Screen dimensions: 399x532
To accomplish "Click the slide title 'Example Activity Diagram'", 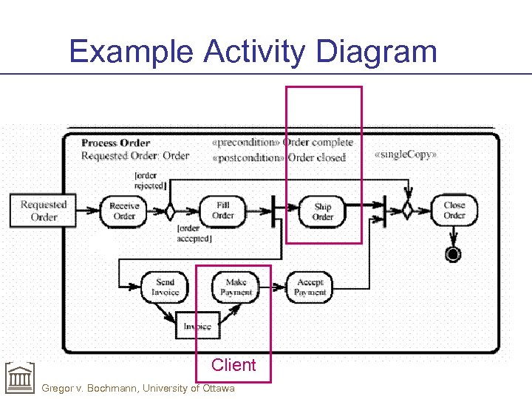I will pos(253,52).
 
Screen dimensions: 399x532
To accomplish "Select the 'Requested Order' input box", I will pos(43,211).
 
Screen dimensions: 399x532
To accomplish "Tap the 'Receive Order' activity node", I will pos(124,211).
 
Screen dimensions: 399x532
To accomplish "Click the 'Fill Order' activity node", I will pos(222,211).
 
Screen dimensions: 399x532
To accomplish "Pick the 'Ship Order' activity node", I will pos(323,211).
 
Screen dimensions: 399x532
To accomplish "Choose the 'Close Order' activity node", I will pos(454,211).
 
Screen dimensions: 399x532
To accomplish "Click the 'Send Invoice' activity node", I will pos(165,287).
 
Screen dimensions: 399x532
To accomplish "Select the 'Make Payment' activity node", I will pos(236,287).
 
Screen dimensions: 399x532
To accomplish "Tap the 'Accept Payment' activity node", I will pos(310,287).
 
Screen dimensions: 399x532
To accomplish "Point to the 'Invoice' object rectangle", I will pos(197,326).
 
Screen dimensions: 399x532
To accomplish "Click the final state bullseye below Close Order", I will pos(453,254).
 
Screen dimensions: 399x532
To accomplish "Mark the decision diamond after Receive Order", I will pos(169,211).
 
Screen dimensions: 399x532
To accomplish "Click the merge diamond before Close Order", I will pos(407,211).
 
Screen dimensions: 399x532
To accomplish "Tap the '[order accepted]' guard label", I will pos(194,233).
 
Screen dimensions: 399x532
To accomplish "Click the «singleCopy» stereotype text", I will pos(406,155).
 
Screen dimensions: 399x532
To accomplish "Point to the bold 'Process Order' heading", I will pos(115,143).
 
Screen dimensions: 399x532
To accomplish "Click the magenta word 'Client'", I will pos(233,365).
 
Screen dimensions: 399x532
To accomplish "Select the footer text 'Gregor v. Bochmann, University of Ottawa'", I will pos(138,389).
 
